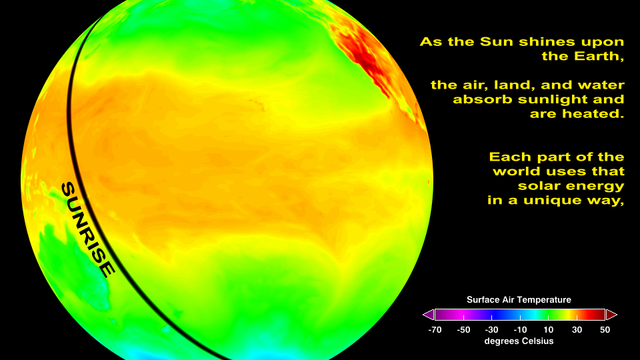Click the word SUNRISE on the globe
(88, 229)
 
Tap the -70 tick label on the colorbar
(435, 330)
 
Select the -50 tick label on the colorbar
(463, 330)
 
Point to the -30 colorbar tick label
(491, 330)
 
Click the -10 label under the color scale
(520, 330)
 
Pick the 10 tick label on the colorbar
(549, 330)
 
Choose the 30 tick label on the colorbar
(577, 330)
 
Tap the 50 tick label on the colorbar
(605, 330)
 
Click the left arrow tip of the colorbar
(423, 315)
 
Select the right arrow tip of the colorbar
(617, 315)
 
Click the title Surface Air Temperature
(519, 300)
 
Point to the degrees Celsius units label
(519, 341)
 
